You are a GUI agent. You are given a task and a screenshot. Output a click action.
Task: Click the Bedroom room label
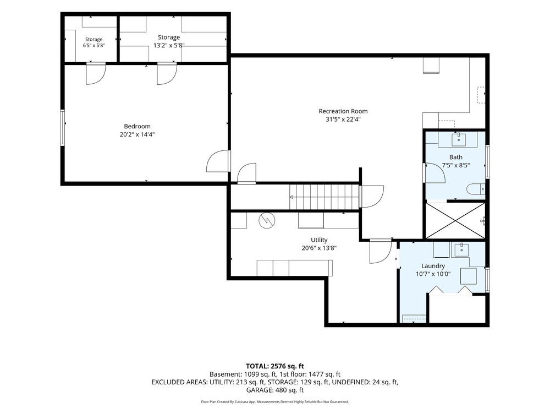click(x=137, y=126)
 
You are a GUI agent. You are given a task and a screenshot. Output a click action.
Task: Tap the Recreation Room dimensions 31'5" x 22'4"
click(x=343, y=119)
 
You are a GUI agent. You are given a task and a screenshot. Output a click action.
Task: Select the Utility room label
click(x=319, y=240)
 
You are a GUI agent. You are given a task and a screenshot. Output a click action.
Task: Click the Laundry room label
click(x=433, y=266)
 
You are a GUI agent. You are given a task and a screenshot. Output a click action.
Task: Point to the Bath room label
click(x=455, y=157)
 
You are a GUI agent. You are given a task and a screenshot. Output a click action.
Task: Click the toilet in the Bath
click(x=476, y=189)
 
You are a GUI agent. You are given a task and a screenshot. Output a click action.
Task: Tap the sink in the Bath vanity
click(x=459, y=139)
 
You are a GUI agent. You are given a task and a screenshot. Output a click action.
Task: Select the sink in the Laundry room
click(x=461, y=249)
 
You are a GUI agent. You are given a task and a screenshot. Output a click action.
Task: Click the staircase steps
click(x=324, y=197)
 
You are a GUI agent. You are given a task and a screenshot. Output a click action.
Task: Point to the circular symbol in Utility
click(x=267, y=221)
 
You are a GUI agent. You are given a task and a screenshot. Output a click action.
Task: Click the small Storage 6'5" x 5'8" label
click(x=94, y=42)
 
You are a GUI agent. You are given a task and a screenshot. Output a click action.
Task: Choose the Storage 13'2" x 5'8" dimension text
click(x=169, y=45)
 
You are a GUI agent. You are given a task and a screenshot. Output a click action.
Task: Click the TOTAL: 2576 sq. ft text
click(x=274, y=366)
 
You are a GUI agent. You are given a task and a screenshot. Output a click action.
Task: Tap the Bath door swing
click(x=435, y=173)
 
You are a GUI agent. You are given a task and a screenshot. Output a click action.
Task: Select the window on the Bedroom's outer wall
click(x=63, y=128)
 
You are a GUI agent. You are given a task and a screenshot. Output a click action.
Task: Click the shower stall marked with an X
click(x=455, y=220)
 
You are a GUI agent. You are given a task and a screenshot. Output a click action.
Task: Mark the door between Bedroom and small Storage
click(x=96, y=73)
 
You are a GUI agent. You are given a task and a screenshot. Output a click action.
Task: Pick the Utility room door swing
click(x=381, y=251)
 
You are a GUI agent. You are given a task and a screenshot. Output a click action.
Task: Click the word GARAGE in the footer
click(x=259, y=390)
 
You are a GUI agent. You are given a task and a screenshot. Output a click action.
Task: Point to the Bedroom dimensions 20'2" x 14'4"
click(x=137, y=134)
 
